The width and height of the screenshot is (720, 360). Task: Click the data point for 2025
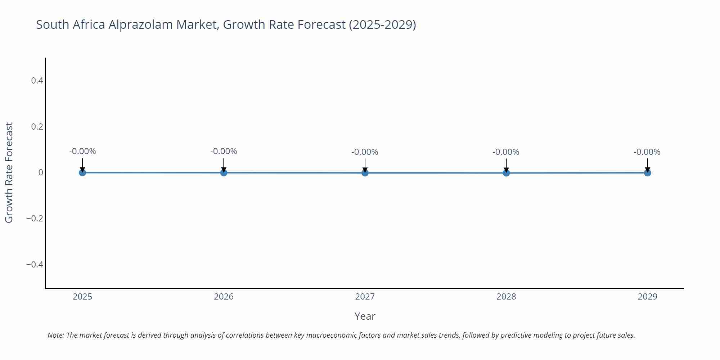(82, 172)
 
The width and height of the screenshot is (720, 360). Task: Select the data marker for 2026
(224, 172)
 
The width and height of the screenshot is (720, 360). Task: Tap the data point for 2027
(365, 173)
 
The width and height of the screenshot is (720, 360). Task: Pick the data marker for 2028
(506, 173)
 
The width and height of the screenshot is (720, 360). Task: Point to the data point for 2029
(647, 173)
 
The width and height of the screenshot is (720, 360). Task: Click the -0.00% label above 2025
(82, 151)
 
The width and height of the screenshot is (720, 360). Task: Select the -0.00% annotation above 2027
(365, 152)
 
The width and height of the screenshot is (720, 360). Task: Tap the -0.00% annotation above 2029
(647, 152)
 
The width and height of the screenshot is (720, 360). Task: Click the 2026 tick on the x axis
(224, 297)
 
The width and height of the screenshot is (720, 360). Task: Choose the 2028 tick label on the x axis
(506, 297)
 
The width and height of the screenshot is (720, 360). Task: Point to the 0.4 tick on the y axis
(37, 81)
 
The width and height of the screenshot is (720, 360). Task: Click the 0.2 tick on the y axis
(37, 127)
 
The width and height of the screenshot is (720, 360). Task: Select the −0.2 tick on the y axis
(35, 219)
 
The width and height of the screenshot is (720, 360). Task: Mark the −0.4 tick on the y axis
(35, 265)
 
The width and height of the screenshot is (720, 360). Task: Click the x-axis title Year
(365, 316)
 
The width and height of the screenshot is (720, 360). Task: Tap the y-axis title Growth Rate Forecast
(9, 172)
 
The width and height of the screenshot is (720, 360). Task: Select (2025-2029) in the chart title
(382, 25)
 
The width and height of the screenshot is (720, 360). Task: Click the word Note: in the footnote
(56, 335)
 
